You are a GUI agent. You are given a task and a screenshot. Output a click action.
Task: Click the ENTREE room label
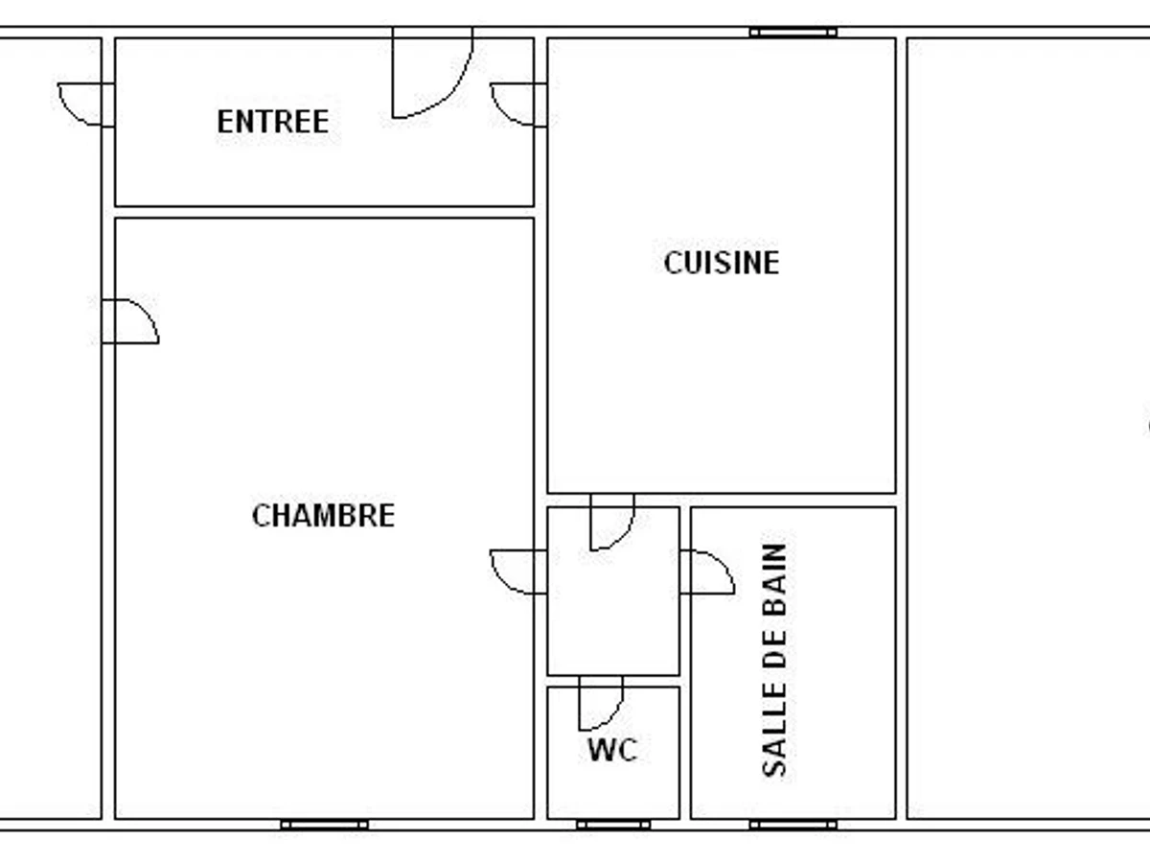coord(272,122)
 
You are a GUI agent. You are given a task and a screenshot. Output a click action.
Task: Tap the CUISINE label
coord(721,263)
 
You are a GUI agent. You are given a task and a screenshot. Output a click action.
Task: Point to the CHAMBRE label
coord(323,516)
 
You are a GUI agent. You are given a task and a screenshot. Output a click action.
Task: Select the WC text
coord(612,750)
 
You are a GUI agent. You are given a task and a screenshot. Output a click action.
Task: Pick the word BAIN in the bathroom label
coord(774,581)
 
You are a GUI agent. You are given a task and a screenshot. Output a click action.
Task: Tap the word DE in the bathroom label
coord(774,661)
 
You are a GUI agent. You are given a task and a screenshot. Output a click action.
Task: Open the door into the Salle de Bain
coord(706,571)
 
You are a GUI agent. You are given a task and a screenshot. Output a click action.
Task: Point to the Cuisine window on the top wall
coord(793,33)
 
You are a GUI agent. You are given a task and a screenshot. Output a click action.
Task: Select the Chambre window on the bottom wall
coord(324,825)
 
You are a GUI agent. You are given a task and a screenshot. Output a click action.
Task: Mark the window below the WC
coord(613,825)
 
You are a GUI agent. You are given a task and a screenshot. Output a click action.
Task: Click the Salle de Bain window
coord(793,825)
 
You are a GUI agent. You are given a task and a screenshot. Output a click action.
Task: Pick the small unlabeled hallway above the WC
coord(613,614)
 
